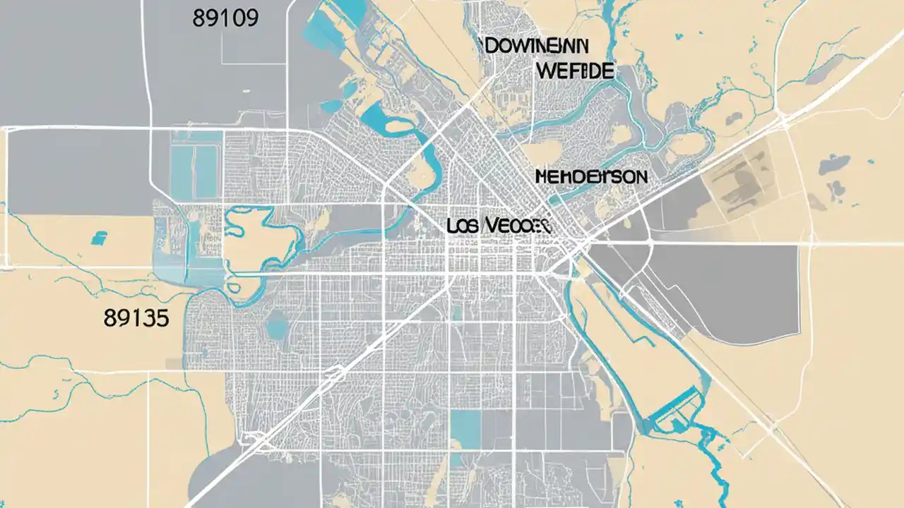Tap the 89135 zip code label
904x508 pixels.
click(136, 318)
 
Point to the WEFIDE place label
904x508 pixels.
click(575, 71)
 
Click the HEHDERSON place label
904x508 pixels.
click(590, 176)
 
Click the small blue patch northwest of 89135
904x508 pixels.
click(99, 237)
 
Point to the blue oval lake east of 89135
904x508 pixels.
click(276, 325)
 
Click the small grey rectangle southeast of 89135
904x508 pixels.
click(174, 363)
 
